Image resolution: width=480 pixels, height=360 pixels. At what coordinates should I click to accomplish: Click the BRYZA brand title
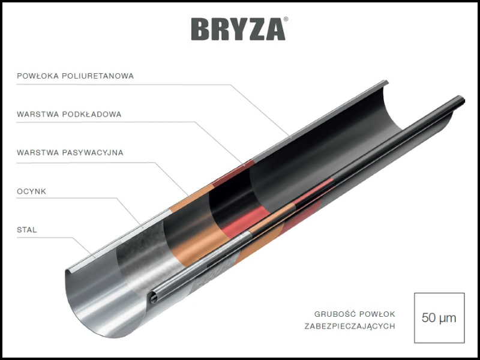pos(238,29)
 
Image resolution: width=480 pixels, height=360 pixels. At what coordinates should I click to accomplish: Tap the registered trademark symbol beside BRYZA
pos(286,19)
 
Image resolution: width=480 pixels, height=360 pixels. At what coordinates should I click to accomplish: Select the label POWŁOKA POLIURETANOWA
pos(75,76)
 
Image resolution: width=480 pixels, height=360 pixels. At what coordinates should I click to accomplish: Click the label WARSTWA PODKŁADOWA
pos(69,114)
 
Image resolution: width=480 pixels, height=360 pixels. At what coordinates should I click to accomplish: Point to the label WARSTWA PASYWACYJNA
pos(70,152)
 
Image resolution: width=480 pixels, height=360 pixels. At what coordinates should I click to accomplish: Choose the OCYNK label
pos(31,191)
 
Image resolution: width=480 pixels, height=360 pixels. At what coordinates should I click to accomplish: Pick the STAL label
pos(27,230)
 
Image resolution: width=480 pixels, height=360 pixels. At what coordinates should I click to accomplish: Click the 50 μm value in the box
pos(439,318)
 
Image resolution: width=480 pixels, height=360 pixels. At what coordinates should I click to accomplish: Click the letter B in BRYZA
pos(200,29)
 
